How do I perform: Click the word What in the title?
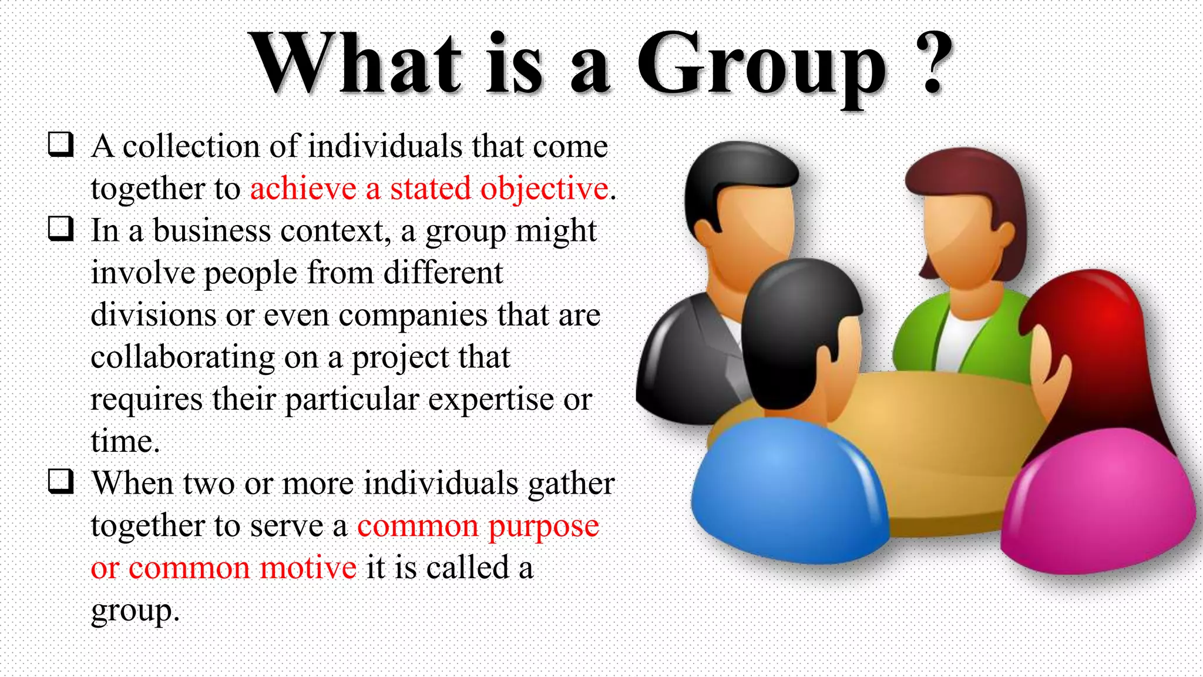pyautogui.click(x=355, y=63)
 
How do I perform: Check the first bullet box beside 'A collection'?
pyautogui.click(x=61, y=144)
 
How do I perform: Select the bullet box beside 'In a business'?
pyautogui.click(x=61, y=229)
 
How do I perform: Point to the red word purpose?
pyautogui.click(x=543, y=527)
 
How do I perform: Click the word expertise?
pyautogui.click(x=490, y=400)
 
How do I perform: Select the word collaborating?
pyautogui.click(x=183, y=358)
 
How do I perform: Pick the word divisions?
pyautogui.click(x=153, y=315)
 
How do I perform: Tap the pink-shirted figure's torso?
pyautogui.click(x=1098, y=505)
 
